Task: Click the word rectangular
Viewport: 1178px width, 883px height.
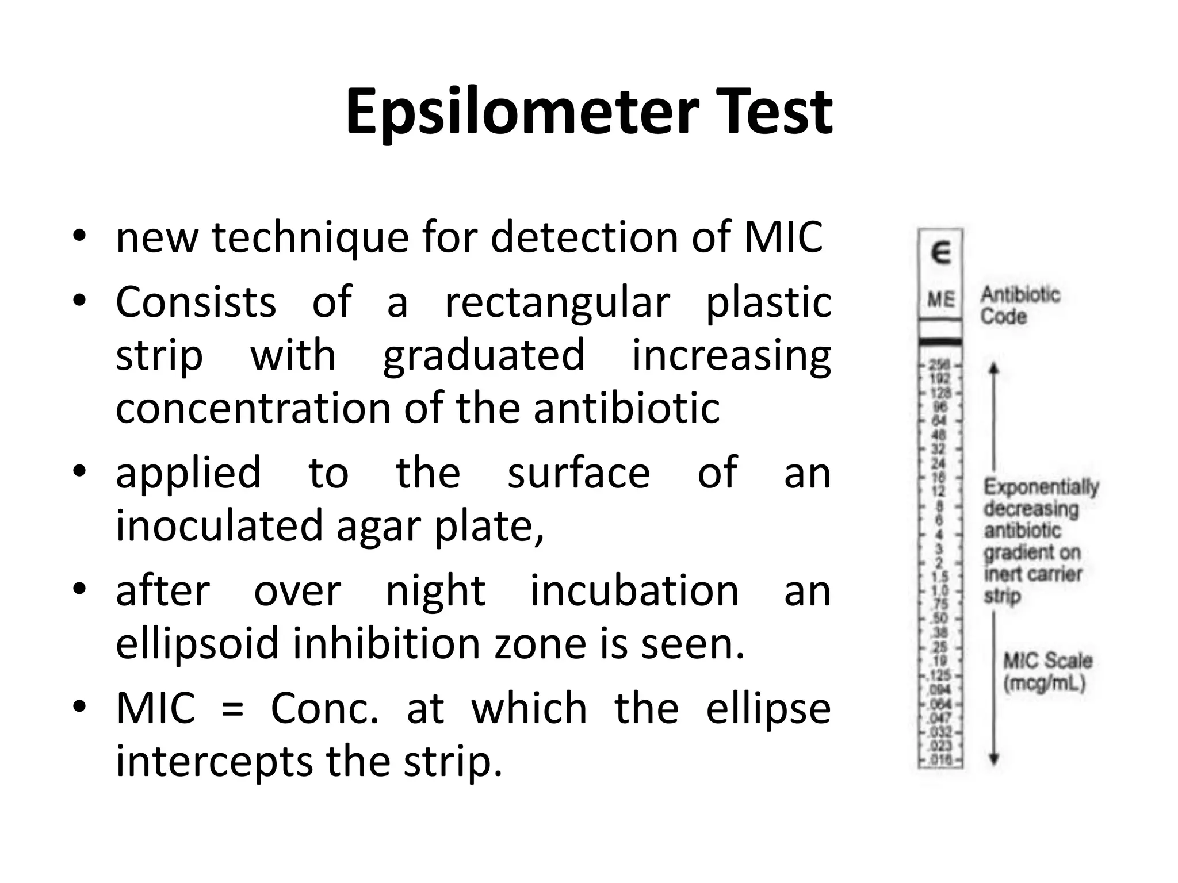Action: click(x=557, y=302)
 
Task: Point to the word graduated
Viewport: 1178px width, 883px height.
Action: click(x=484, y=355)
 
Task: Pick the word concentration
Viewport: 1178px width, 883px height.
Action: click(x=253, y=408)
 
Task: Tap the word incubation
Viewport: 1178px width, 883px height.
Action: click(x=634, y=590)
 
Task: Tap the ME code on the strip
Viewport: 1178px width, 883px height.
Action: click(x=940, y=300)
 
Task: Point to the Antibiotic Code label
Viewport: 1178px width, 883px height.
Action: click(x=1019, y=305)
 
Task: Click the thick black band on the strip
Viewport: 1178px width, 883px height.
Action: click(x=940, y=343)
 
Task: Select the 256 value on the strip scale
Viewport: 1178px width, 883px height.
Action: click(x=940, y=365)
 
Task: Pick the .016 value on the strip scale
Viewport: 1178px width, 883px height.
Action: click(x=940, y=761)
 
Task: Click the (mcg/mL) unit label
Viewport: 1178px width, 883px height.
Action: click(x=1044, y=684)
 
